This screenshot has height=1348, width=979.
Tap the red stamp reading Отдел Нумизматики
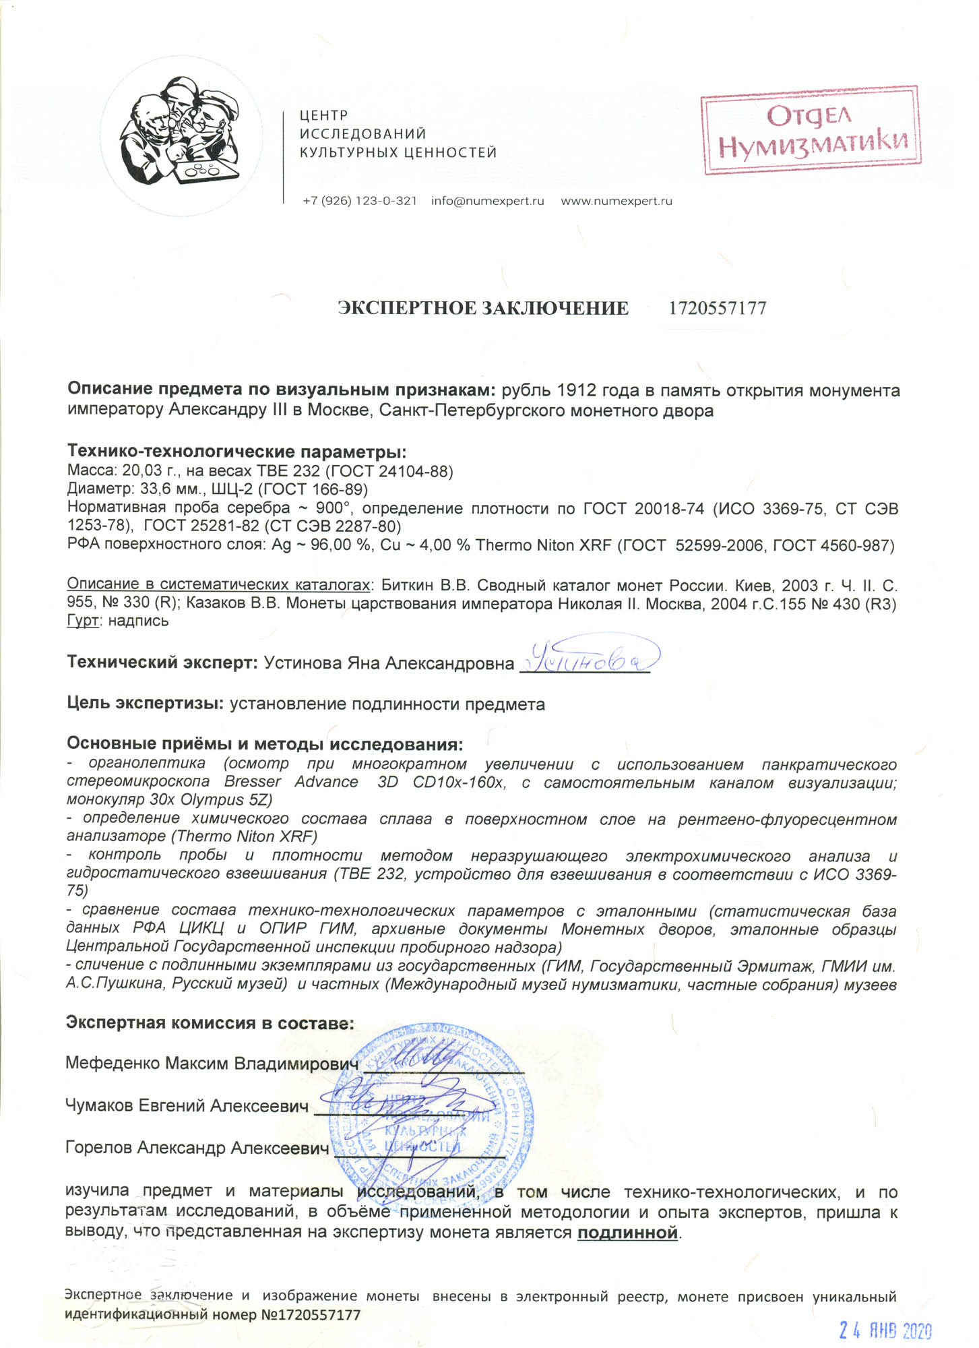(x=811, y=131)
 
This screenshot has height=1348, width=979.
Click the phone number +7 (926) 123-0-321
(x=360, y=201)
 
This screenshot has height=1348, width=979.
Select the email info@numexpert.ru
(x=487, y=201)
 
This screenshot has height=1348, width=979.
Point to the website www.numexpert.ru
(x=617, y=201)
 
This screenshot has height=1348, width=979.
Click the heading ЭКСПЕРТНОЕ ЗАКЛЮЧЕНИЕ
(x=482, y=309)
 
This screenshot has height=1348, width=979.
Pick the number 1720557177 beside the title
(x=718, y=309)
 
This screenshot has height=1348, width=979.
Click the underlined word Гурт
(x=82, y=621)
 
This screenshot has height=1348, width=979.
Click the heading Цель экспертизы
(x=145, y=704)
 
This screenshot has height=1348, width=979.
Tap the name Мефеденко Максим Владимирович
(x=212, y=1064)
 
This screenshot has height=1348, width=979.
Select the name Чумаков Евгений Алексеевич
(x=187, y=1105)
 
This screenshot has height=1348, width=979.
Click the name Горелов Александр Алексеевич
(x=197, y=1148)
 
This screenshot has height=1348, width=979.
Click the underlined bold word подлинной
(x=627, y=1233)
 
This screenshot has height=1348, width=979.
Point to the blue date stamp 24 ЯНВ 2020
(x=885, y=1330)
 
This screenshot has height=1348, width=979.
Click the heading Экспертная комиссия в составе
(x=210, y=1022)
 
